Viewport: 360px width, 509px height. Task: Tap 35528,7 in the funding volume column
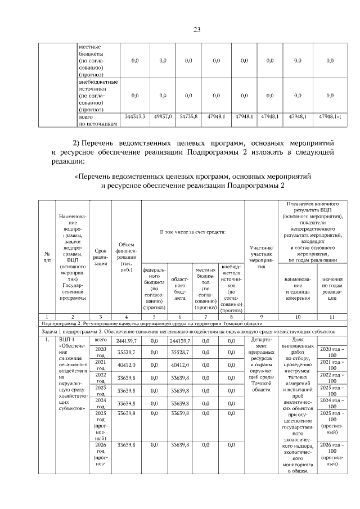(x=126, y=353)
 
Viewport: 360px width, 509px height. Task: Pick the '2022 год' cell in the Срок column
(x=101, y=378)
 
